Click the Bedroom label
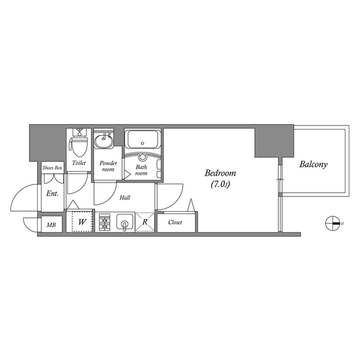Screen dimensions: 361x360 click(x=220, y=173)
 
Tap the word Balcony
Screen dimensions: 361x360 click(x=314, y=165)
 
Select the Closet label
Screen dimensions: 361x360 click(x=175, y=222)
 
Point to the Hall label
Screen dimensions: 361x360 click(x=126, y=198)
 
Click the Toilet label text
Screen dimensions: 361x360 click(x=79, y=163)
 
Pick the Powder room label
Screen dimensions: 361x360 click(x=108, y=166)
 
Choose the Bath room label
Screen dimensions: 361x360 click(x=141, y=170)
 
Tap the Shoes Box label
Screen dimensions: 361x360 click(x=52, y=168)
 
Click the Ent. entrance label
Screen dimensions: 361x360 click(x=52, y=193)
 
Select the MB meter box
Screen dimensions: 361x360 click(x=51, y=226)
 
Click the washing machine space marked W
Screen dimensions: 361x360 click(x=82, y=222)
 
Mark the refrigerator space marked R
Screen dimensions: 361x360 click(x=145, y=222)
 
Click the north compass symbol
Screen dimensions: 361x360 click(x=332, y=223)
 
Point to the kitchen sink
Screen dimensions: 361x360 click(x=124, y=222)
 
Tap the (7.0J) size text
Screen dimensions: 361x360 click(x=220, y=184)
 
